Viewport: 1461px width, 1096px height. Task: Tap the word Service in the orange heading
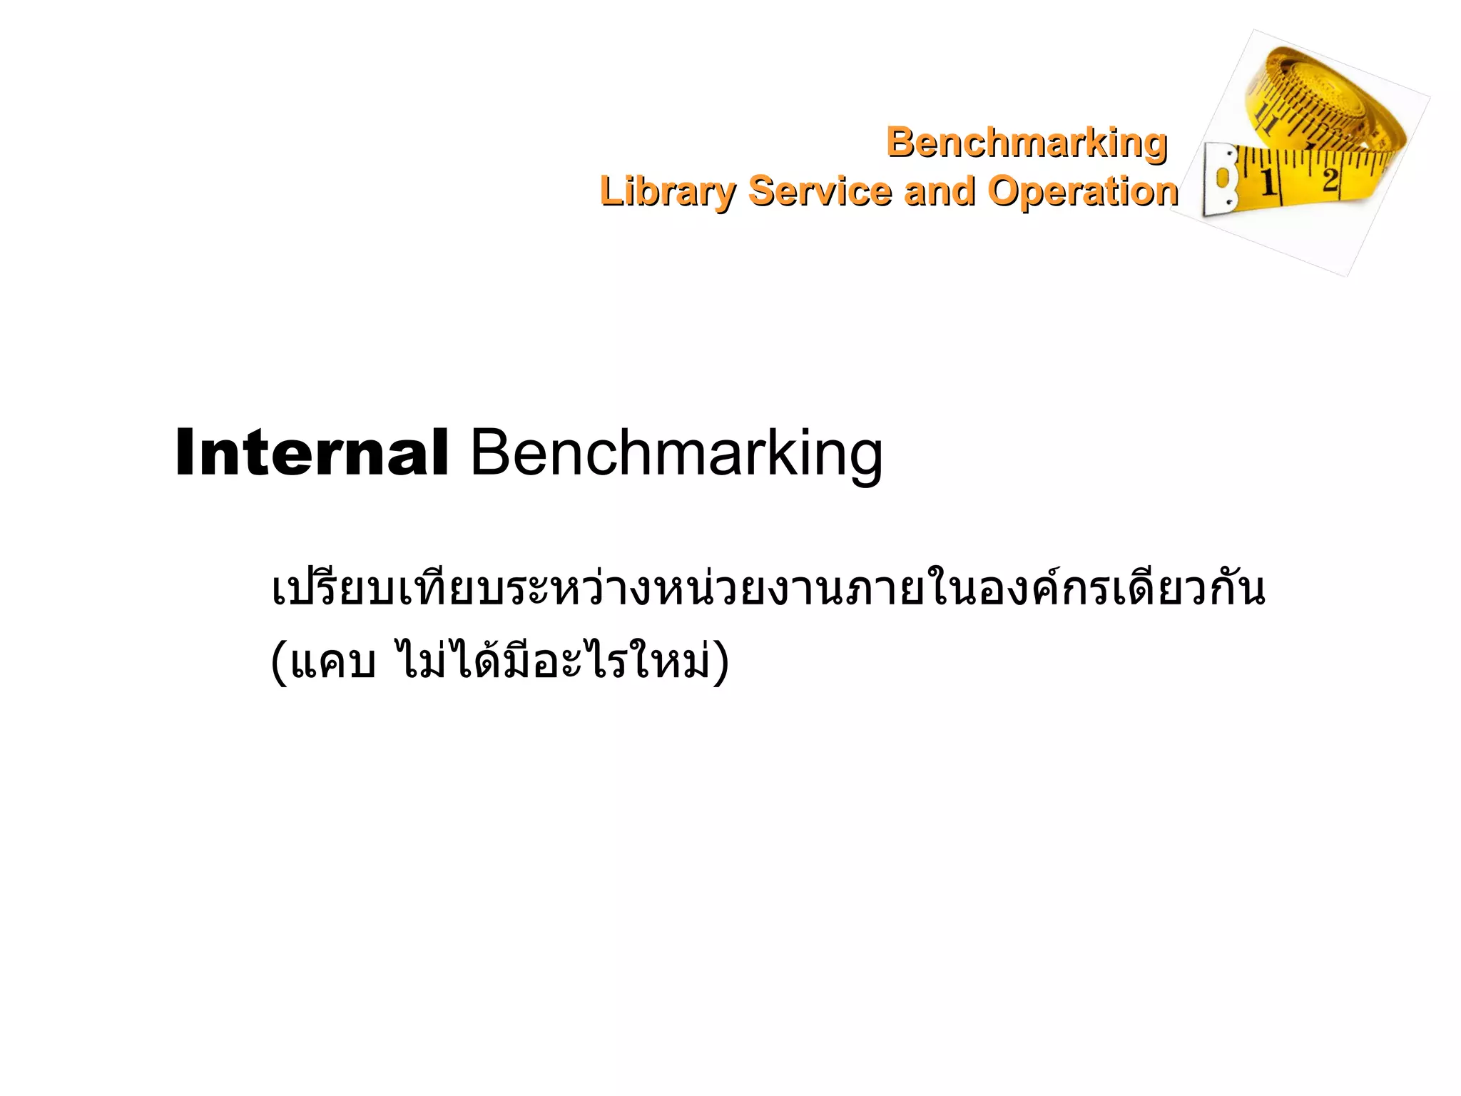point(820,191)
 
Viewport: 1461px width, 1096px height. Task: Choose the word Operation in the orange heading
point(1082,191)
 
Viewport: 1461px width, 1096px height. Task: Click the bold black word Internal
point(312,453)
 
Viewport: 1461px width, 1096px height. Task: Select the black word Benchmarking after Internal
point(676,453)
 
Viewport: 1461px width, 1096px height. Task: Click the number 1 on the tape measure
point(1268,183)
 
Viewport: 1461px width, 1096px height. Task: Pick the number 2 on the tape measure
point(1330,178)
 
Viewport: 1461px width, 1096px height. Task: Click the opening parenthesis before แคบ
point(279,661)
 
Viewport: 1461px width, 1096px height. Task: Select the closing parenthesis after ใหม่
point(722,661)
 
